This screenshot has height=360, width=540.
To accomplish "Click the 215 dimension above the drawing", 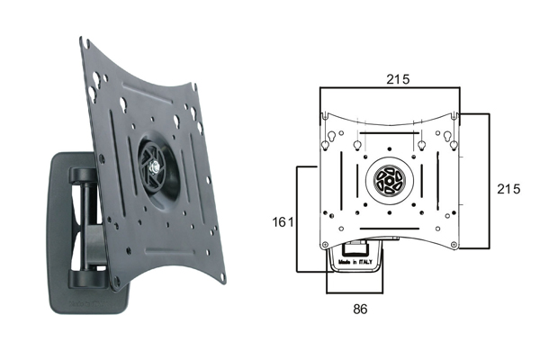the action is tap(398, 79).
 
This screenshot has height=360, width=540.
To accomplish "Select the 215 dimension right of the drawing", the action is tap(508, 189).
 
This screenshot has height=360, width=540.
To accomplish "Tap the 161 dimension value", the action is tap(283, 222).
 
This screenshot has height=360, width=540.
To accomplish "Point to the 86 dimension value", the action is tap(360, 309).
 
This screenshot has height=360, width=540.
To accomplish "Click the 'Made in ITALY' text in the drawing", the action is tap(355, 262).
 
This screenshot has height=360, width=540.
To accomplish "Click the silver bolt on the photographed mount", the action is tap(154, 168).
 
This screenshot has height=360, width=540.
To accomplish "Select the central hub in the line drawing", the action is tap(389, 180).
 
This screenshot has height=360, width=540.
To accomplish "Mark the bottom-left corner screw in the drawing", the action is tap(325, 245).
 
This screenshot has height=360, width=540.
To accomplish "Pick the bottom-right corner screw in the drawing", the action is tap(454, 244).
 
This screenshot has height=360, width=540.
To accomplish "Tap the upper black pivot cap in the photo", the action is tap(83, 175).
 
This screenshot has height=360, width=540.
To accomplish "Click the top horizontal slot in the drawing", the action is tap(389, 132).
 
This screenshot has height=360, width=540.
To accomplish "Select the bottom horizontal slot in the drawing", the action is tap(390, 229).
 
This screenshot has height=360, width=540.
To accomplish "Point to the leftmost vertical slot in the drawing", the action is tap(341, 181).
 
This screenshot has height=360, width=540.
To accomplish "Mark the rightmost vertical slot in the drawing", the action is tap(437, 181).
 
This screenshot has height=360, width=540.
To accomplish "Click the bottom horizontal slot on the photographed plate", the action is tap(170, 252).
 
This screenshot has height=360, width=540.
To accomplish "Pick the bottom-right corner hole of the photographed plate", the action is tap(223, 276).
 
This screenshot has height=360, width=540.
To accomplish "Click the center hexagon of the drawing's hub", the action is tap(389, 181).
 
